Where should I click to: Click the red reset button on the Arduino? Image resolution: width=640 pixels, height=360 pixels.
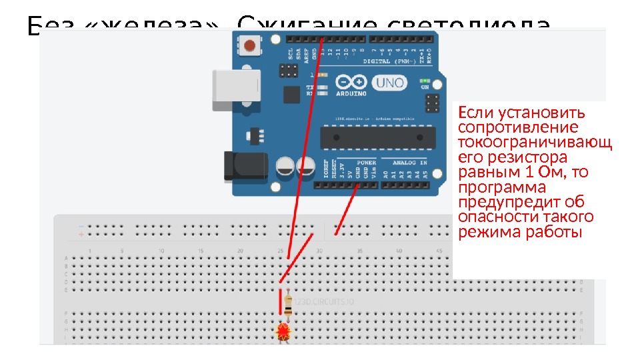(250, 46)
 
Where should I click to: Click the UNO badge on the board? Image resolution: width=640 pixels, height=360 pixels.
(388, 83)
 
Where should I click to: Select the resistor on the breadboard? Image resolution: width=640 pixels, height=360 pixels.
(287, 305)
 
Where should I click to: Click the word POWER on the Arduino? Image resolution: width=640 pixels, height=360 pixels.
(366, 162)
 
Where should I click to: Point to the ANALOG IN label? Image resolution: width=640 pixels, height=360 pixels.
(409, 162)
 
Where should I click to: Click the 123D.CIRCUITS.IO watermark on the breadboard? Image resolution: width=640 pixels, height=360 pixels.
(325, 302)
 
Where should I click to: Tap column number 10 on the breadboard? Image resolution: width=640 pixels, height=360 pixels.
(161, 251)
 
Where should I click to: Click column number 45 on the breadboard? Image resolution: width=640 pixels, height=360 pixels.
(438, 251)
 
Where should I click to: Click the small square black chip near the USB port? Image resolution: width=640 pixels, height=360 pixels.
(291, 95)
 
